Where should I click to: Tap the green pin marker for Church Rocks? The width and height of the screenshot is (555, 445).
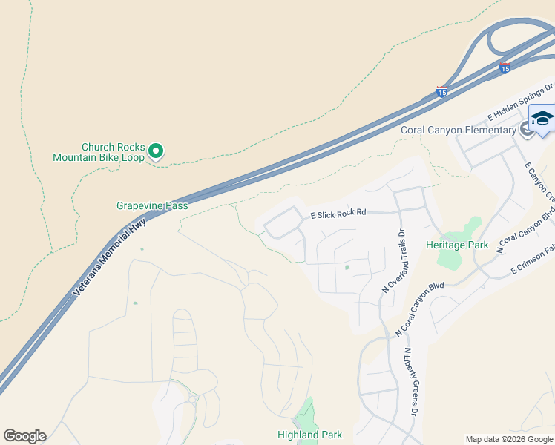(156, 151)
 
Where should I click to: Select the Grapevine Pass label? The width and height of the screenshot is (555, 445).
(152, 205)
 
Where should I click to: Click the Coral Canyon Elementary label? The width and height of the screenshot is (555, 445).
(458, 131)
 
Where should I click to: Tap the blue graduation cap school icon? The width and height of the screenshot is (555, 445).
(542, 119)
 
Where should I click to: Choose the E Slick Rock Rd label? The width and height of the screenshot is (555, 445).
(339, 213)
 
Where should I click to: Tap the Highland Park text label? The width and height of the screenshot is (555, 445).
(309, 435)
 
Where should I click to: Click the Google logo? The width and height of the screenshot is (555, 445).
(24, 436)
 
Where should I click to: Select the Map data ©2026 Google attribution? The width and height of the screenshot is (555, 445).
(508, 439)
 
